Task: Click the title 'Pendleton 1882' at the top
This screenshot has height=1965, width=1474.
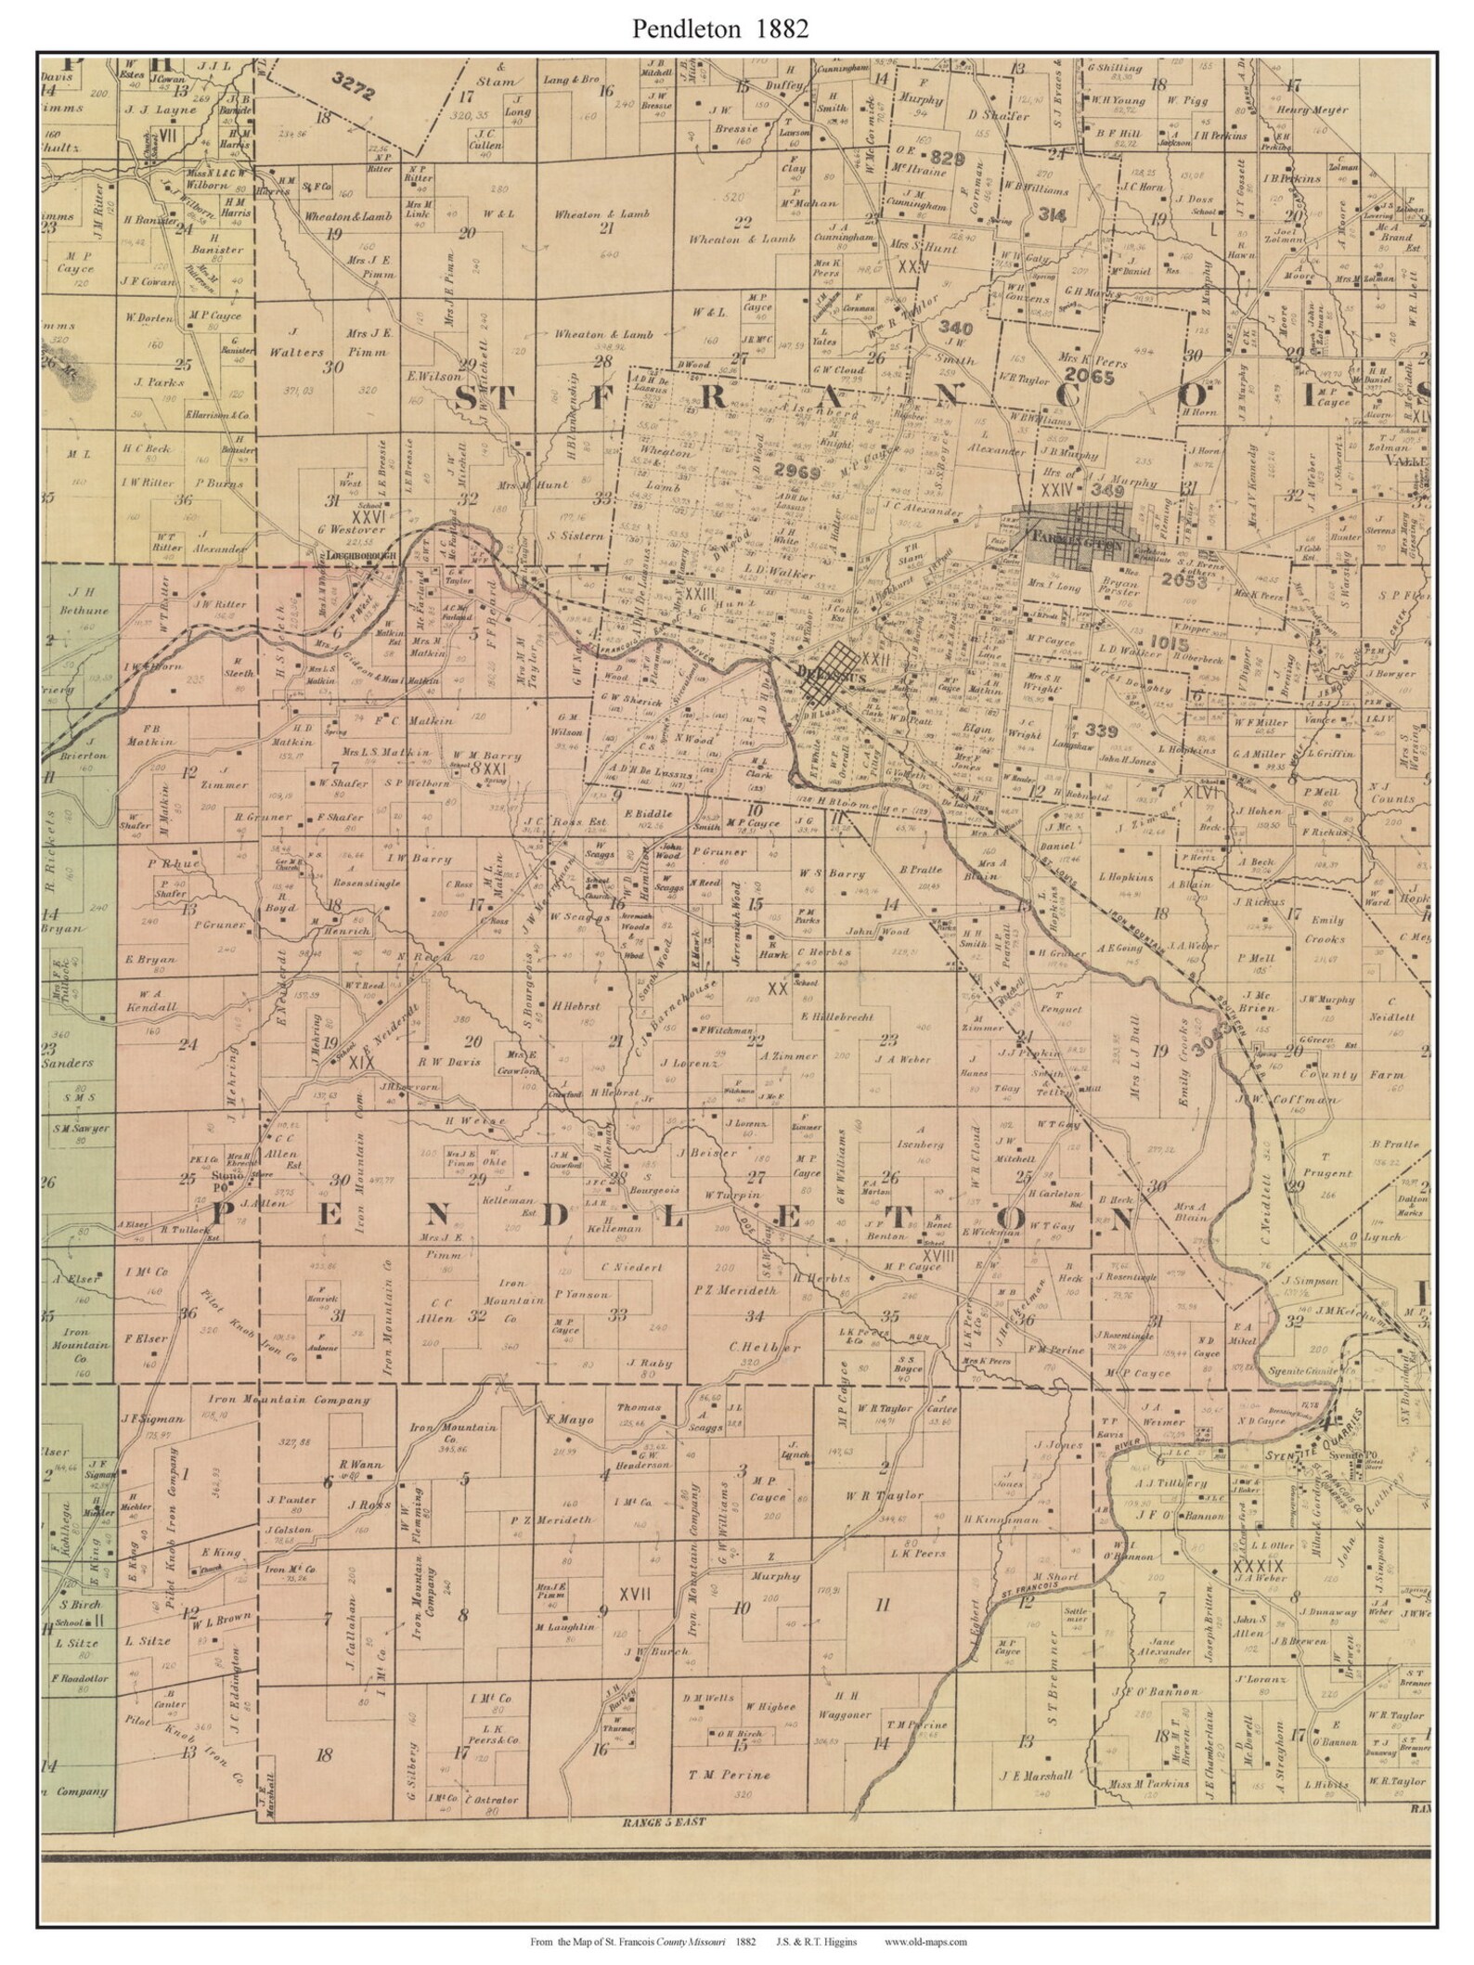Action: [x=720, y=29]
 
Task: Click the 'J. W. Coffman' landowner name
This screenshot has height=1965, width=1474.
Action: [x=1327, y=1101]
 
